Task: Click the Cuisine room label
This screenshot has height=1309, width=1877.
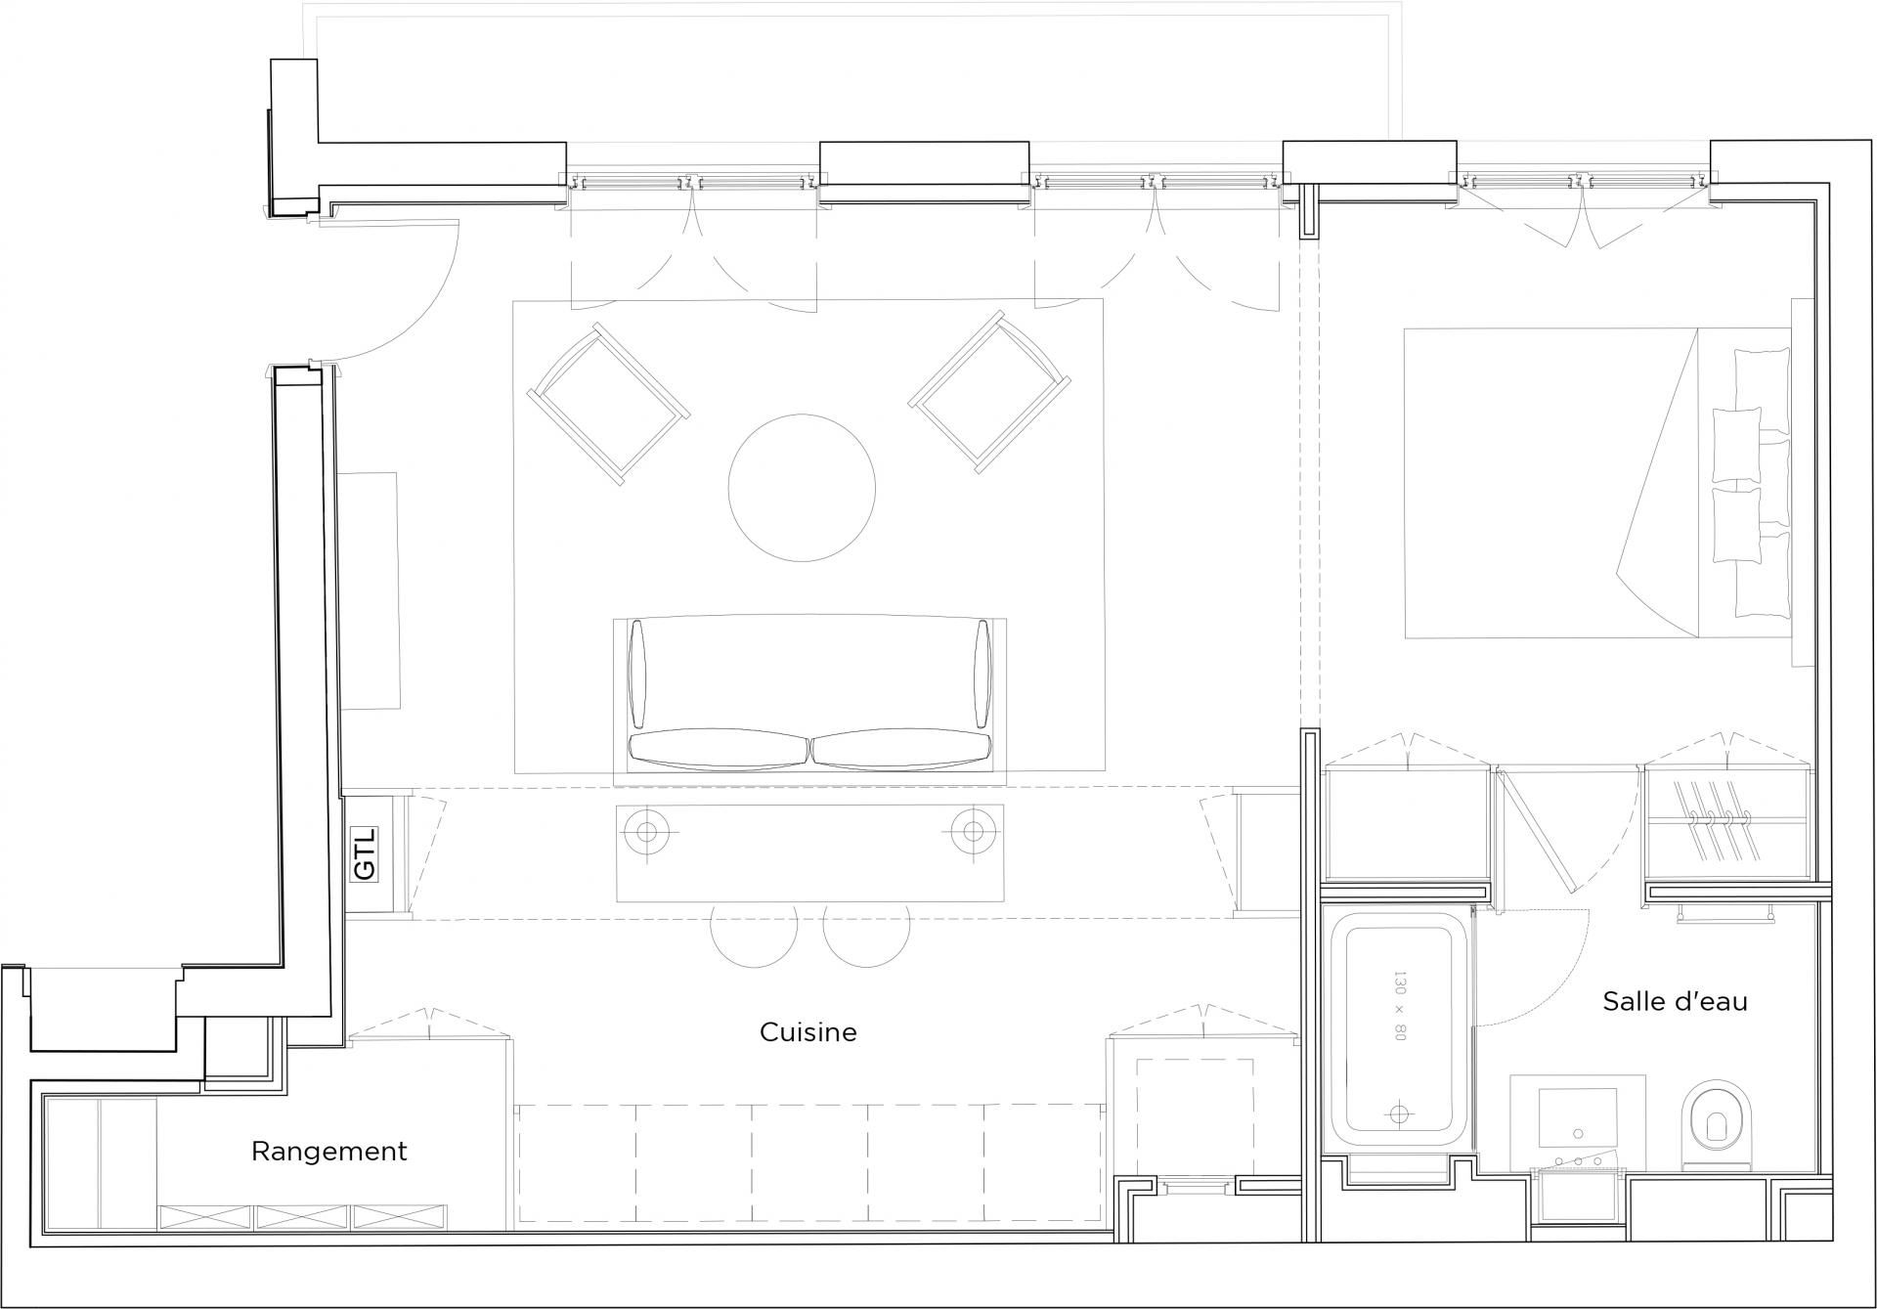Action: [808, 1032]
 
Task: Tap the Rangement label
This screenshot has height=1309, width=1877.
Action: [328, 1152]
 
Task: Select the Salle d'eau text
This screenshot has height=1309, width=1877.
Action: [1675, 1001]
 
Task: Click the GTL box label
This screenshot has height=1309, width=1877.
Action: [364, 853]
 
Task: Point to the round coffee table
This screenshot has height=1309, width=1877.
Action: [802, 488]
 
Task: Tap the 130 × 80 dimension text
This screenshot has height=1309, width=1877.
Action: [1398, 1006]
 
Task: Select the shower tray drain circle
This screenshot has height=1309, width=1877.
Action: [1400, 1113]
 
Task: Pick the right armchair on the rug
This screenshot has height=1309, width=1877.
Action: [989, 393]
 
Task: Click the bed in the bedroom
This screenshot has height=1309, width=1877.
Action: [1599, 484]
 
